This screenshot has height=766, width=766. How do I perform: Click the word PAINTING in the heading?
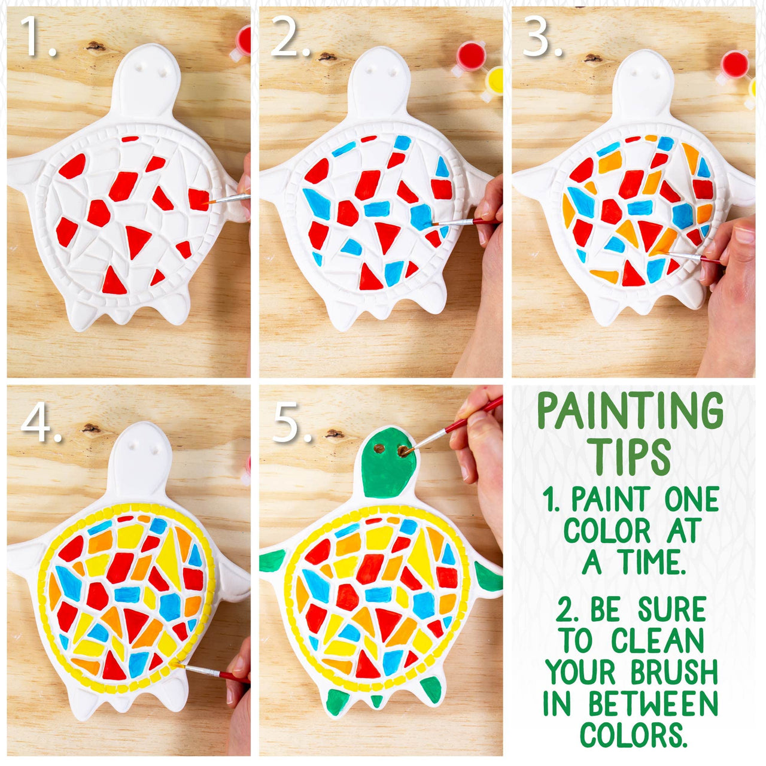(x=630, y=412)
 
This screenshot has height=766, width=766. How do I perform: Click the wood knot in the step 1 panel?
(x=94, y=45)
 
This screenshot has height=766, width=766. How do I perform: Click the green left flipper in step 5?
(x=273, y=560)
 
